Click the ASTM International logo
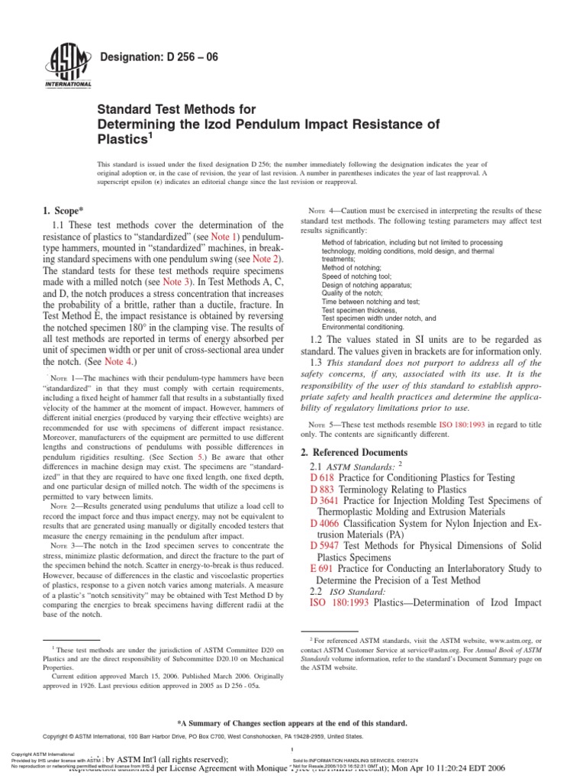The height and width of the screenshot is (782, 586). coord(70,66)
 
